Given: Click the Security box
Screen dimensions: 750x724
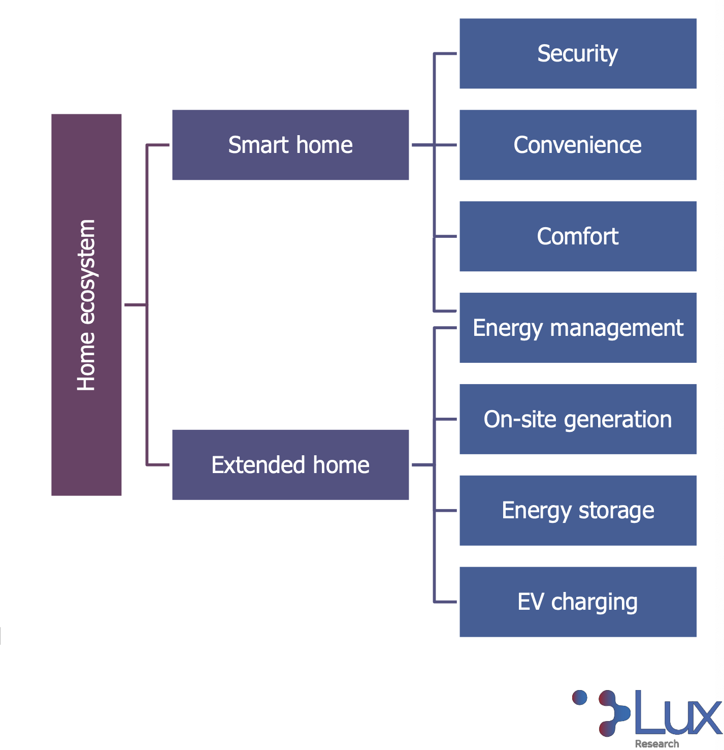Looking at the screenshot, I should point(578,53).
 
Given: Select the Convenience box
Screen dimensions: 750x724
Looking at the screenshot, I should point(578,145).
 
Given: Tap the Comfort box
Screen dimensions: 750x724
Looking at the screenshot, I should point(578,236).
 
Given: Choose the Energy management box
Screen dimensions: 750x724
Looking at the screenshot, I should point(578,328).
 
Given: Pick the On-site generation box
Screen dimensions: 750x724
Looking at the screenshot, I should point(578,419).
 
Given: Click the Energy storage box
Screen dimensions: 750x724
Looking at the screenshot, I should point(578,511).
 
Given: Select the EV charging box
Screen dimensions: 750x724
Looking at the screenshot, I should point(578,602).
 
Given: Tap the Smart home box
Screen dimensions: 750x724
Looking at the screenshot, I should point(290,145).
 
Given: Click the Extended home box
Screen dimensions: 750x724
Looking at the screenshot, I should point(290,465).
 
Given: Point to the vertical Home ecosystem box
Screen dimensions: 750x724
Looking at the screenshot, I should point(86,305).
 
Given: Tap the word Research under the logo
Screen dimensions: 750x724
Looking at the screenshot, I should point(656,744).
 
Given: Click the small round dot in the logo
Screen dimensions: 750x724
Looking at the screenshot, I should point(579,698).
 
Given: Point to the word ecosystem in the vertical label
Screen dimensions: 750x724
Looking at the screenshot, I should point(86,272).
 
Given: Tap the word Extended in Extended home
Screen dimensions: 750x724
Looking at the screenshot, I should point(258,465).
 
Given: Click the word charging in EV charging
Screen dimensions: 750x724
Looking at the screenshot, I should point(595,603).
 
